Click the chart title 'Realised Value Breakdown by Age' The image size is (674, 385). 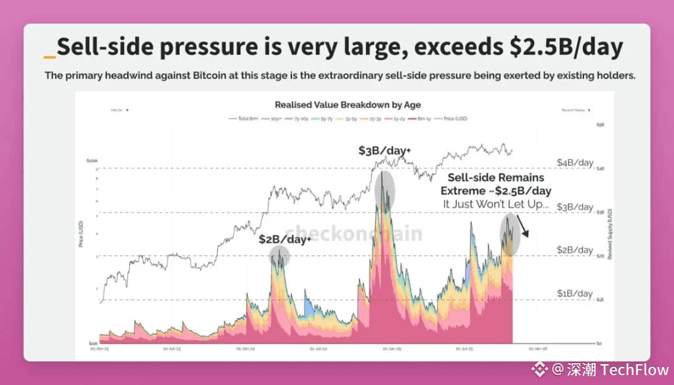pos(348,105)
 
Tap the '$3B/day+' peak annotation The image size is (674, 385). pos(384,150)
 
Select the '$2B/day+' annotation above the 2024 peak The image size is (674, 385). pos(285,240)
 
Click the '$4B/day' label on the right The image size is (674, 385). pos(575,162)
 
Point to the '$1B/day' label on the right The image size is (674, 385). pos(575,293)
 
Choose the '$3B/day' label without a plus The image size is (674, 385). pos(575,207)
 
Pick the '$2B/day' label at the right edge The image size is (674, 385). pos(575,250)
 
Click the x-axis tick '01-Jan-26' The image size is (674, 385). pos(537,349)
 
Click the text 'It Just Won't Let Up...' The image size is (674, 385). pos(496,203)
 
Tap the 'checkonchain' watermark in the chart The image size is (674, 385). pos(354,233)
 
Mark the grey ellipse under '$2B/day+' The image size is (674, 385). pos(280,256)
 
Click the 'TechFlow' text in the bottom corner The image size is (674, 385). pos(634,369)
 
